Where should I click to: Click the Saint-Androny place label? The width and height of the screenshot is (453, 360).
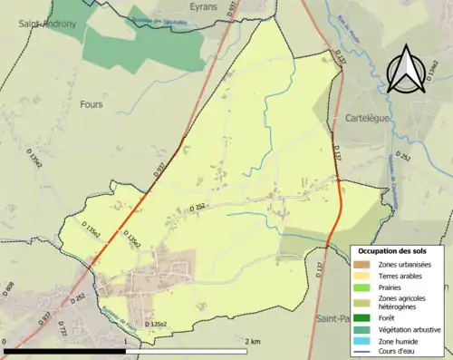coord(39,24)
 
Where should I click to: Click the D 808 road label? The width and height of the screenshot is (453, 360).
coord(10,291)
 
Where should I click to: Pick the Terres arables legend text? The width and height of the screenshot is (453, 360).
coord(400,275)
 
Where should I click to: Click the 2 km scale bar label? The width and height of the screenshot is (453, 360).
coord(253,342)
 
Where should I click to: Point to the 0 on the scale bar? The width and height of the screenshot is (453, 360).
coord(5,342)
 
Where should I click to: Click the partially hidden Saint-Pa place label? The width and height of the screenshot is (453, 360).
coord(332,319)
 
